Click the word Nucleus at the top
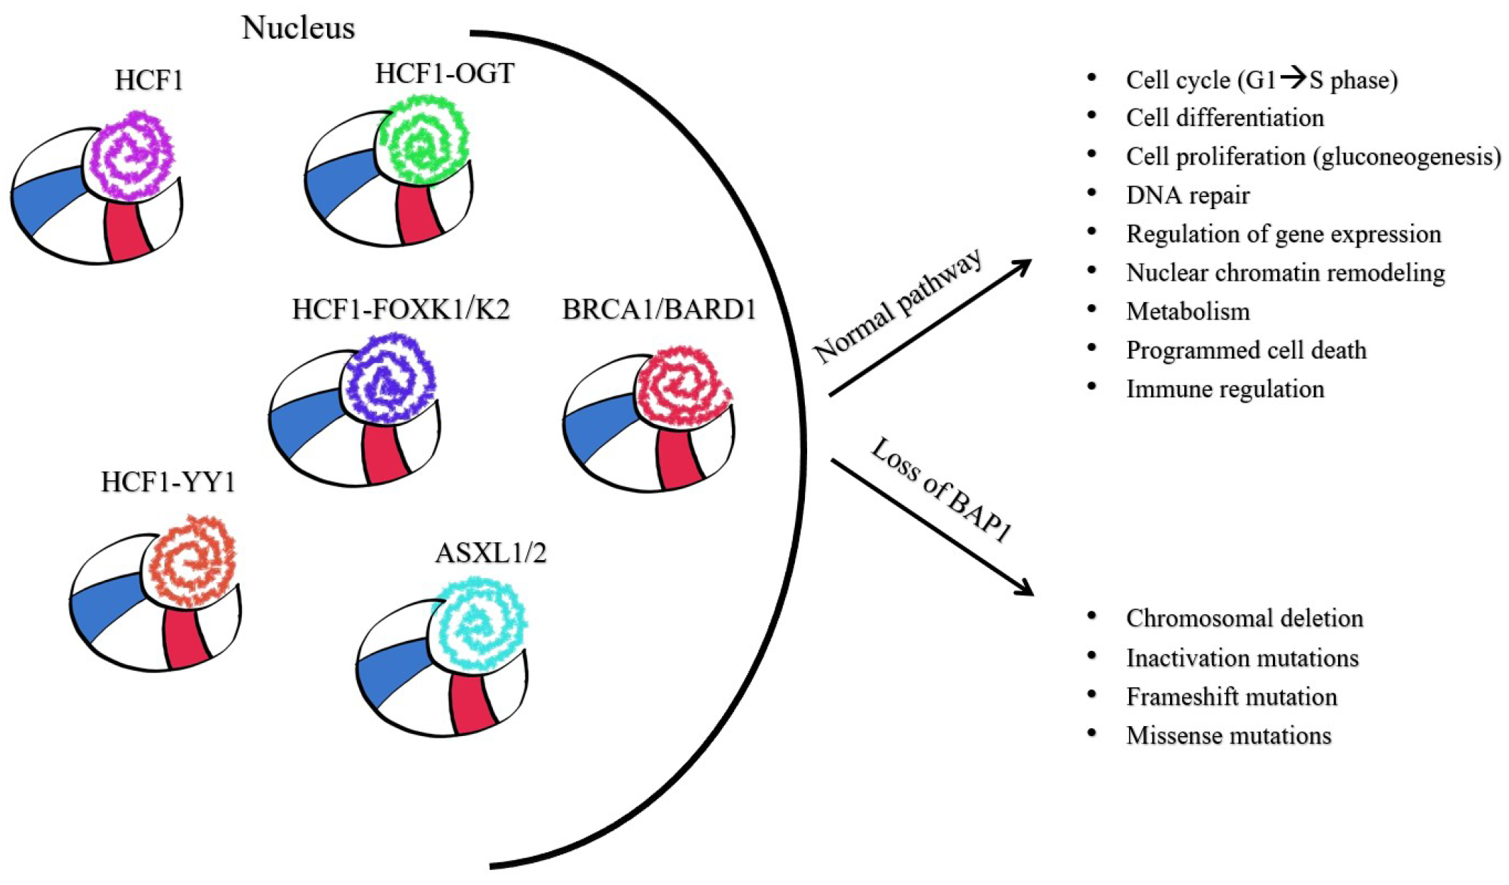[298, 27]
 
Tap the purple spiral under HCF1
[129, 155]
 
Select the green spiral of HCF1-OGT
[422, 140]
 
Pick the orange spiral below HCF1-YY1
[190, 561]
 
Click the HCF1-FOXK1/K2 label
[401, 309]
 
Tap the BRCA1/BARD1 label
[659, 309]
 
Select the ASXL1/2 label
[491, 553]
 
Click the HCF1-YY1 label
[168, 482]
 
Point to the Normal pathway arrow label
[898, 306]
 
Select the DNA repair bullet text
[1188, 195]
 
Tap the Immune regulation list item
[1225, 389]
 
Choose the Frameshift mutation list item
[1231, 697]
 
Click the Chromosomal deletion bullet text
[1244, 618]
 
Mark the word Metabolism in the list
[1188, 311]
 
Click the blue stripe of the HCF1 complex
[47, 199]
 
